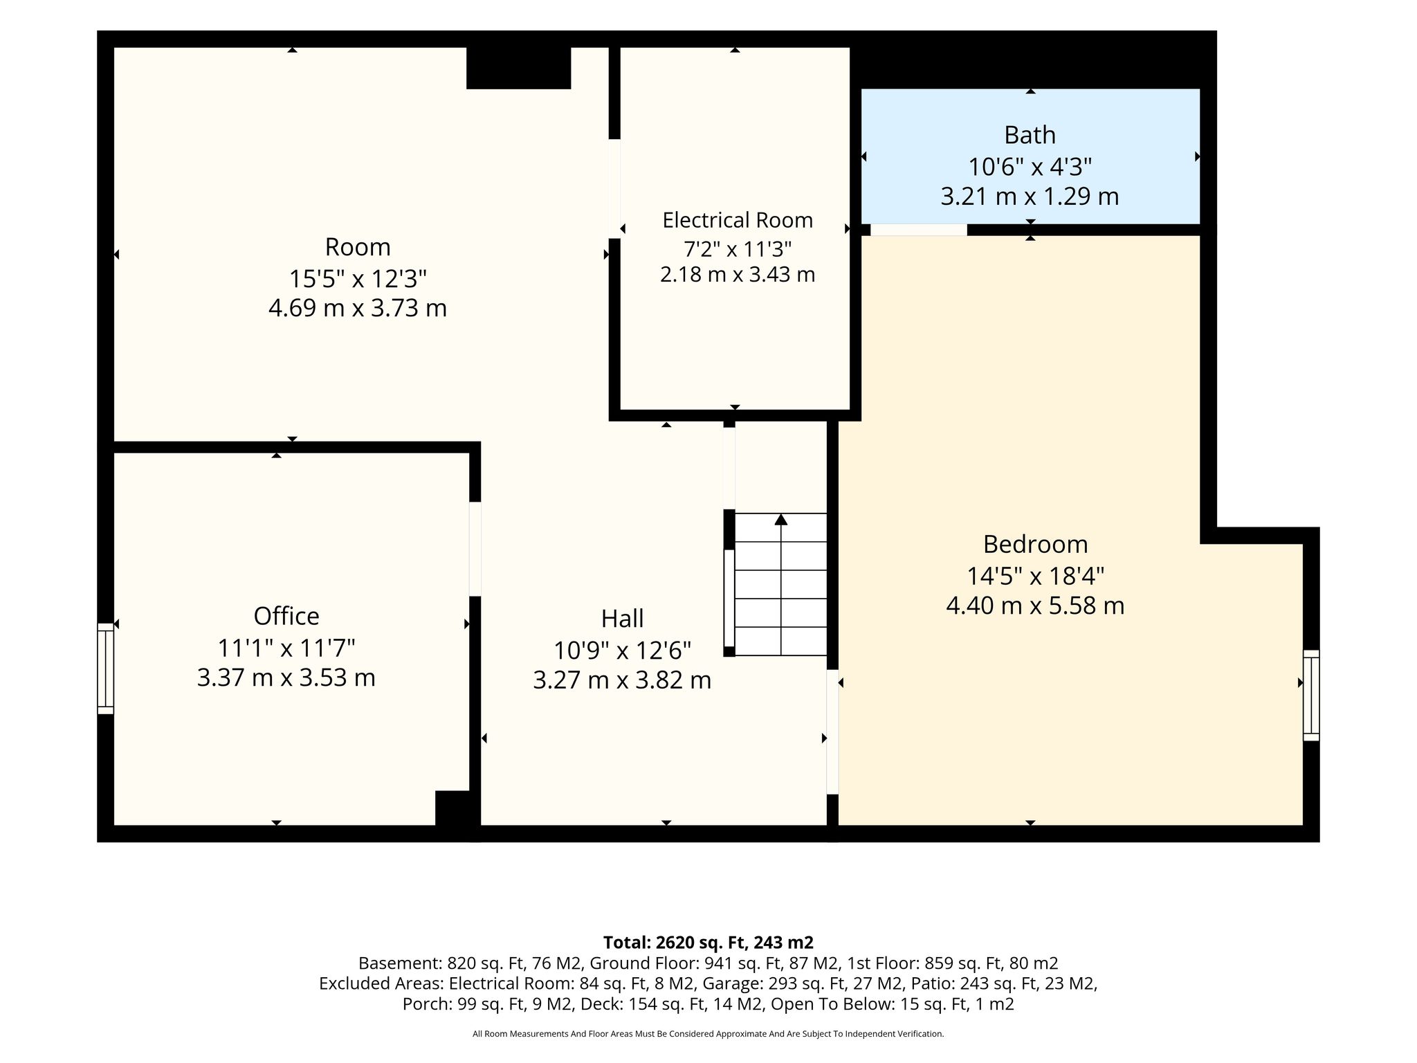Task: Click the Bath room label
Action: (x=1030, y=135)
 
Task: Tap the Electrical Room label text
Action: (x=738, y=220)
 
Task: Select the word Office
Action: (x=286, y=616)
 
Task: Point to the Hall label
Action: (x=622, y=618)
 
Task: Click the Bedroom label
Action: (x=1035, y=544)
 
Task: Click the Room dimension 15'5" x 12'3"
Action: (x=358, y=279)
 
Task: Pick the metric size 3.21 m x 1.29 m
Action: (x=1030, y=197)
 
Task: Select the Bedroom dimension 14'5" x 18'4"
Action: (x=1035, y=575)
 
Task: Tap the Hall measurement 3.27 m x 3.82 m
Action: (x=622, y=680)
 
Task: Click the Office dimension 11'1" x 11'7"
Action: (x=286, y=648)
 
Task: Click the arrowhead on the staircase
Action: (x=781, y=519)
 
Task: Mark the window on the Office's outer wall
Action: (x=105, y=669)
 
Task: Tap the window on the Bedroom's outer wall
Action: (x=1311, y=696)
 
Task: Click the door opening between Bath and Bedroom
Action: (x=919, y=230)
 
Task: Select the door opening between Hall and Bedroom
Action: (x=833, y=732)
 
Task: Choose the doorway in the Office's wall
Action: (x=475, y=549)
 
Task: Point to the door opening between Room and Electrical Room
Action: (x=614, y=189)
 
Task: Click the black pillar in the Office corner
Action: (x=454, y=808)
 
